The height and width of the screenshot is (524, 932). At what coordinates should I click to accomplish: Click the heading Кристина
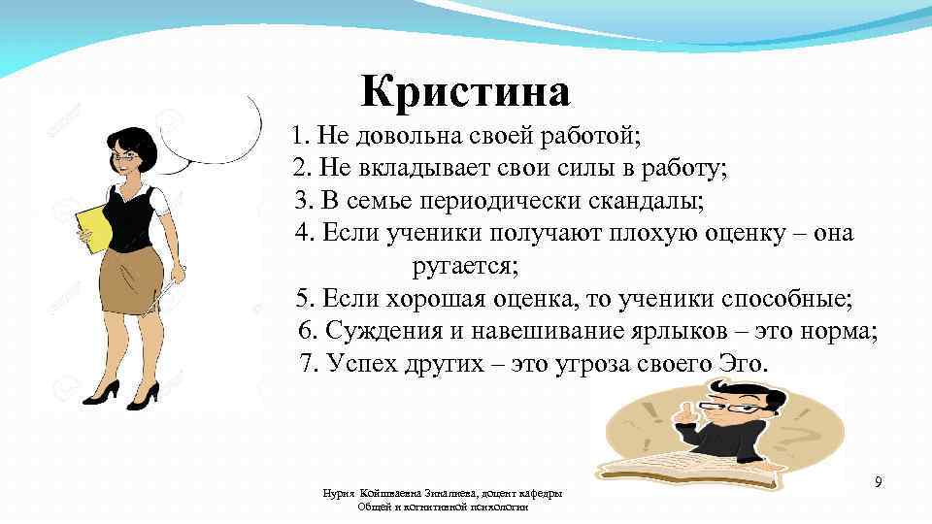pyautogui.click(x=466, y=93)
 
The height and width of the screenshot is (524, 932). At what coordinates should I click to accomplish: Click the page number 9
pyautogui.click(x=878, y=482)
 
